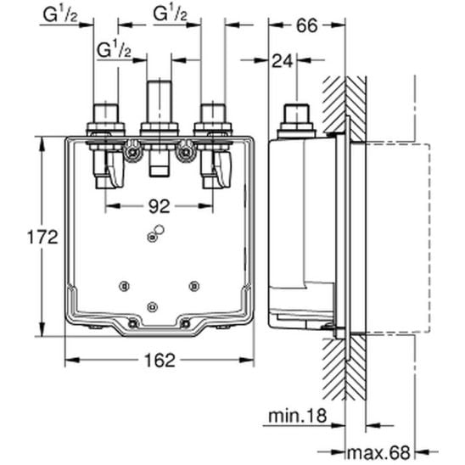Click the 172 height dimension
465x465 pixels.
pos(42,237)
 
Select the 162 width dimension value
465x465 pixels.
pos(160,361)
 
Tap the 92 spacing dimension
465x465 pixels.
pos(160,206)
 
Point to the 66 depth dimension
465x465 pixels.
pos(307,25)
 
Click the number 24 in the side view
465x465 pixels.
pos(283,61)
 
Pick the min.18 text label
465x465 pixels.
pos(298,416)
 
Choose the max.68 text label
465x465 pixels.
pos(378,452)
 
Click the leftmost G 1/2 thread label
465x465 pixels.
pos(60,14)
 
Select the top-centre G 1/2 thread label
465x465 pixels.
pos(171,14)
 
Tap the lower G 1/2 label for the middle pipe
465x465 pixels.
pos(115,49)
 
